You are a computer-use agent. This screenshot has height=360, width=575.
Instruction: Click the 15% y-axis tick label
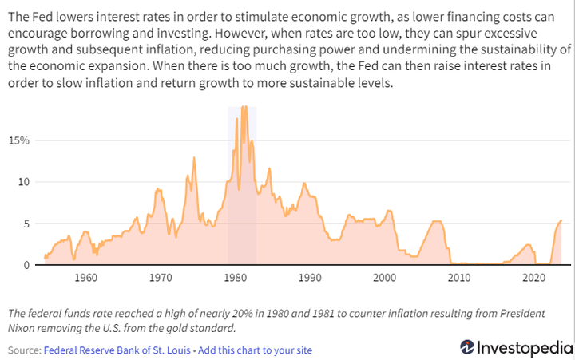point(19,140)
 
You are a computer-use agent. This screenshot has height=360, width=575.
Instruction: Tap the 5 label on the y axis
point(26,224)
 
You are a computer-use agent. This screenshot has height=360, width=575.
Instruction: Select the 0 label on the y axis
point(26,265)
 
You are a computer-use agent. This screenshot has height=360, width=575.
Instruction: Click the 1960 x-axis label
point(85,278)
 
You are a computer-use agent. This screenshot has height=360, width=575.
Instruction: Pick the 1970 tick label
point(161,278)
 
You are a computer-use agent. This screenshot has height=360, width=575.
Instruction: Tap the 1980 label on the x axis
point(235,278)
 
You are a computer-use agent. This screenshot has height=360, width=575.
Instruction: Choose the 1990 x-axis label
point(310,278)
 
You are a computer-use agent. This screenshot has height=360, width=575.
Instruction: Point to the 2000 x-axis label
point(384,278)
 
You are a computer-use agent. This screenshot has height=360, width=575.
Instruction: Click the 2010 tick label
point(459,278)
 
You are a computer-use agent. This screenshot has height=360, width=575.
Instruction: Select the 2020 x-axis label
point(533,278)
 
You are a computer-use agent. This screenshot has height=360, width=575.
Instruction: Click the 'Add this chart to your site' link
point(255,350)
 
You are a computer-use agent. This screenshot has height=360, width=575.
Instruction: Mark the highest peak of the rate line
point(243,107)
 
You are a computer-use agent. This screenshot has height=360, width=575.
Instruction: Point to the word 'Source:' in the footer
point(24,350)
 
